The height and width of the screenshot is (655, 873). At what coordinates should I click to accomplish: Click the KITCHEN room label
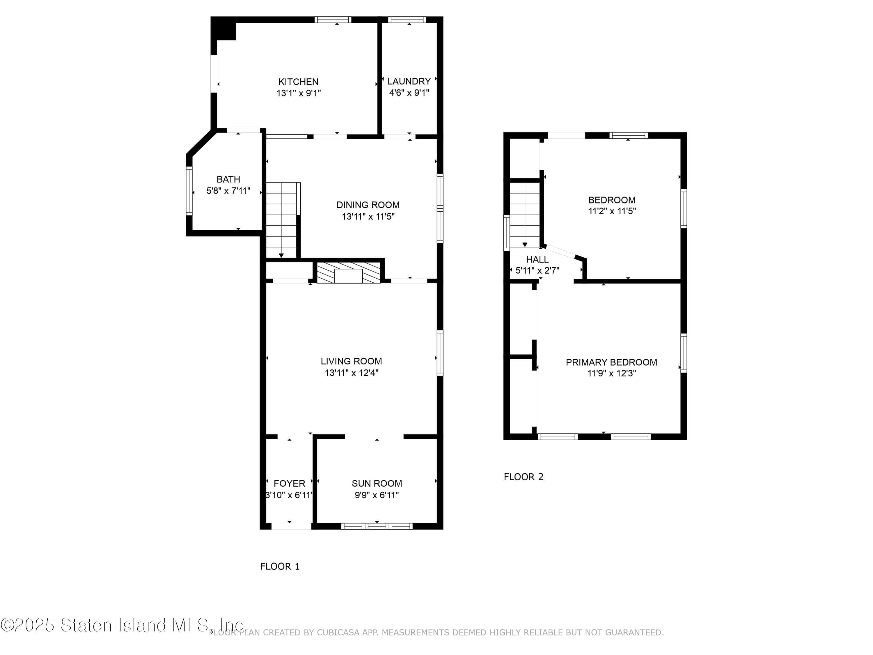(298, 82)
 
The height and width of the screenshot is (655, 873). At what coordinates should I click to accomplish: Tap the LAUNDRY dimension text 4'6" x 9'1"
(409, 93)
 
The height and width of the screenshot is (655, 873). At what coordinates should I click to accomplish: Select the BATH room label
(228, 179)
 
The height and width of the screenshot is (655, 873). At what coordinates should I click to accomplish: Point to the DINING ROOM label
(368, 205)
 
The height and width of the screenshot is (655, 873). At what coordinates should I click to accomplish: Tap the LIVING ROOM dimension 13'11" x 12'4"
(351, 373)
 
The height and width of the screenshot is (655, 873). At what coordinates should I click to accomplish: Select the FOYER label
(289, 483)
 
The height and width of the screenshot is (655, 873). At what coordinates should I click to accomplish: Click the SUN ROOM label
(377, 483)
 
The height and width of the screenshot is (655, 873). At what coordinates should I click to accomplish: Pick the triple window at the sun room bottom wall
(377, 526)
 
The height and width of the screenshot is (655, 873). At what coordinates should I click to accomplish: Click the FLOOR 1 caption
(280, 567)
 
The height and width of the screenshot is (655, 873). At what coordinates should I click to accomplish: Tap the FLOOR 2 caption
(523, 477)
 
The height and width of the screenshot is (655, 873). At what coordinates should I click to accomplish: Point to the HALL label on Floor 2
(537, 259)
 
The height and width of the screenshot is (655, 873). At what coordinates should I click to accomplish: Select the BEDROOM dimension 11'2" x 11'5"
(612, 211)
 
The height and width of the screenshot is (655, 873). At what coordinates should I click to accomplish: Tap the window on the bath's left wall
(189, 191)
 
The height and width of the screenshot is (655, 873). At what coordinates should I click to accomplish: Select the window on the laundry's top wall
(407, 19)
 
